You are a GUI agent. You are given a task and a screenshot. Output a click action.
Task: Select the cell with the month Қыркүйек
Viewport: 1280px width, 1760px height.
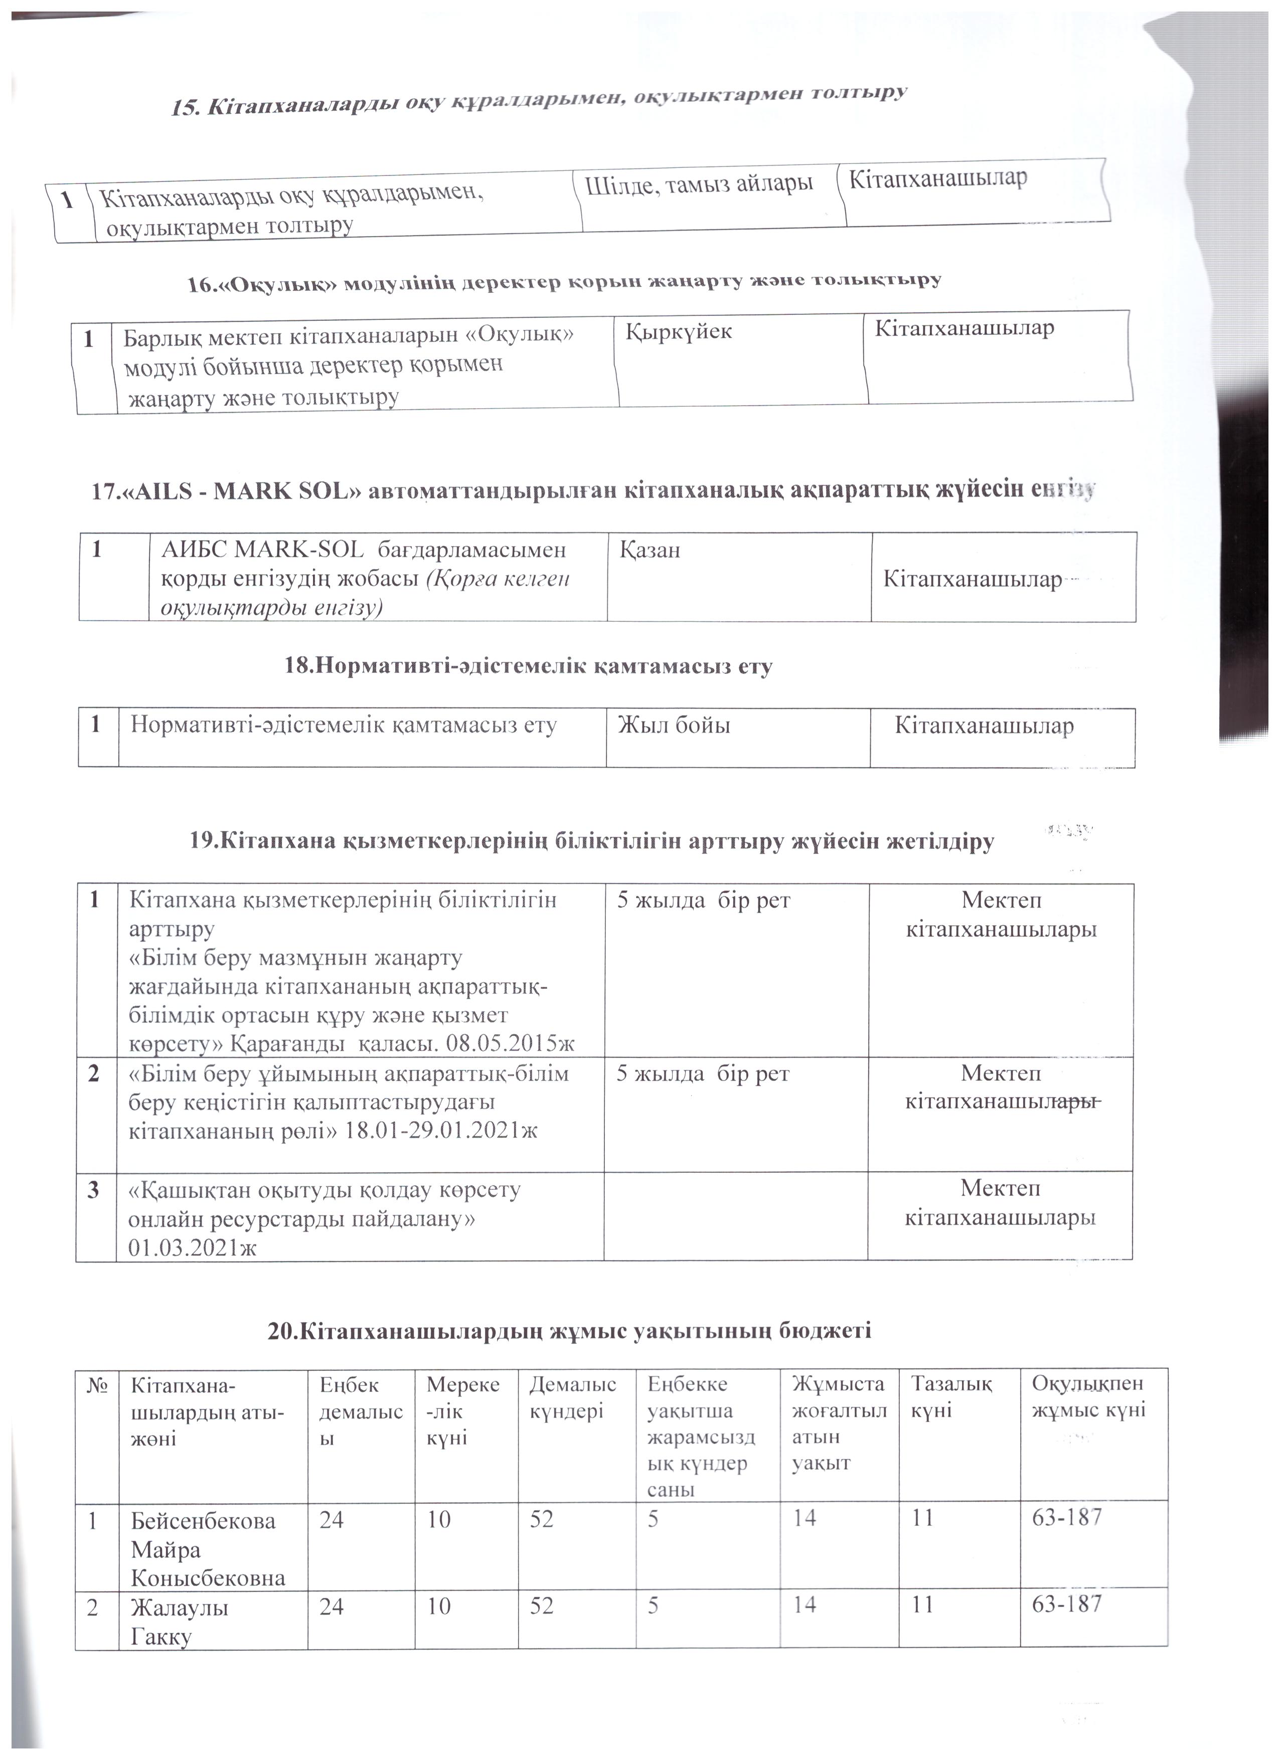point(679,331)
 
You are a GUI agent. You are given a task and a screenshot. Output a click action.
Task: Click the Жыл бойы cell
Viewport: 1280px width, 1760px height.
point(673,726)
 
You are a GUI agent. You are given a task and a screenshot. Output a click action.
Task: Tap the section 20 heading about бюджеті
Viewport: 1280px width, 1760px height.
point(569,1331)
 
